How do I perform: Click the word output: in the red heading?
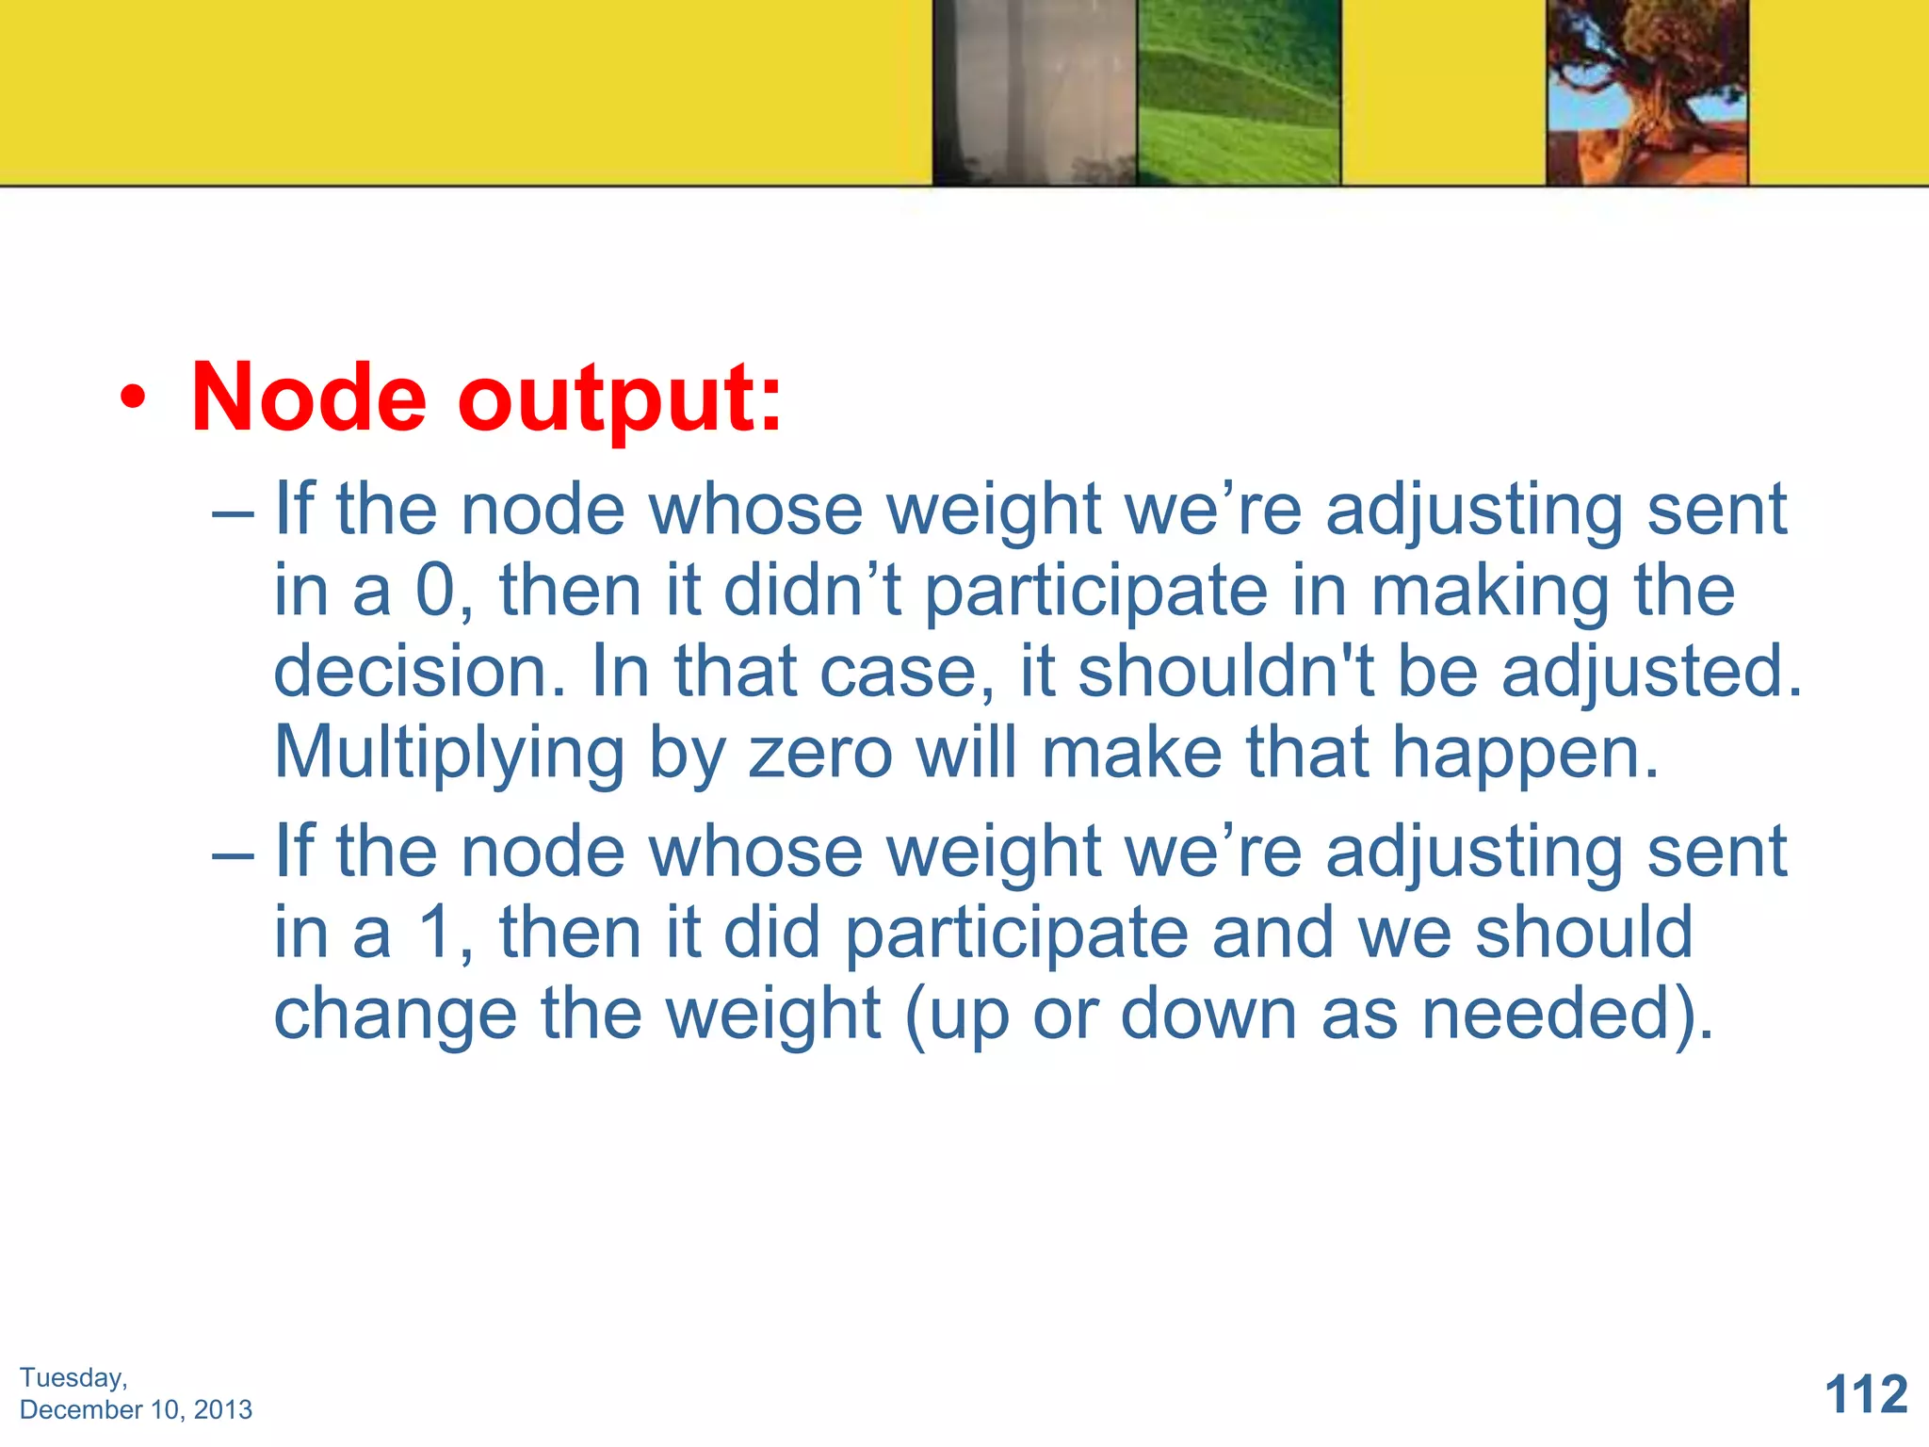[x=620, y=400]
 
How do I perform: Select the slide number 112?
[x=1866, y=1393]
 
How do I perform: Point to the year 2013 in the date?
[x=223, y=1409]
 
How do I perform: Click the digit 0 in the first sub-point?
[x=436, y=591]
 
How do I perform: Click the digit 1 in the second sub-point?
[x=436, y=933]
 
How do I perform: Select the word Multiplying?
[x=449, y=754]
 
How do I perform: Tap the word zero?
[x=819, y=754]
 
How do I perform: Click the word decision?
[x=419, y=672]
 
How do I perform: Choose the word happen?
[x=1525, y=754]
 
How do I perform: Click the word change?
[x=395, y=1015]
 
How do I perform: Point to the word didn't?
[x=812, y=591]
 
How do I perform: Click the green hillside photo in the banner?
[x=1239, y=92]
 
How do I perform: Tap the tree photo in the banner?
[x=1647, y=92]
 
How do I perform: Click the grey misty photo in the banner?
[x=1034, y=92]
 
